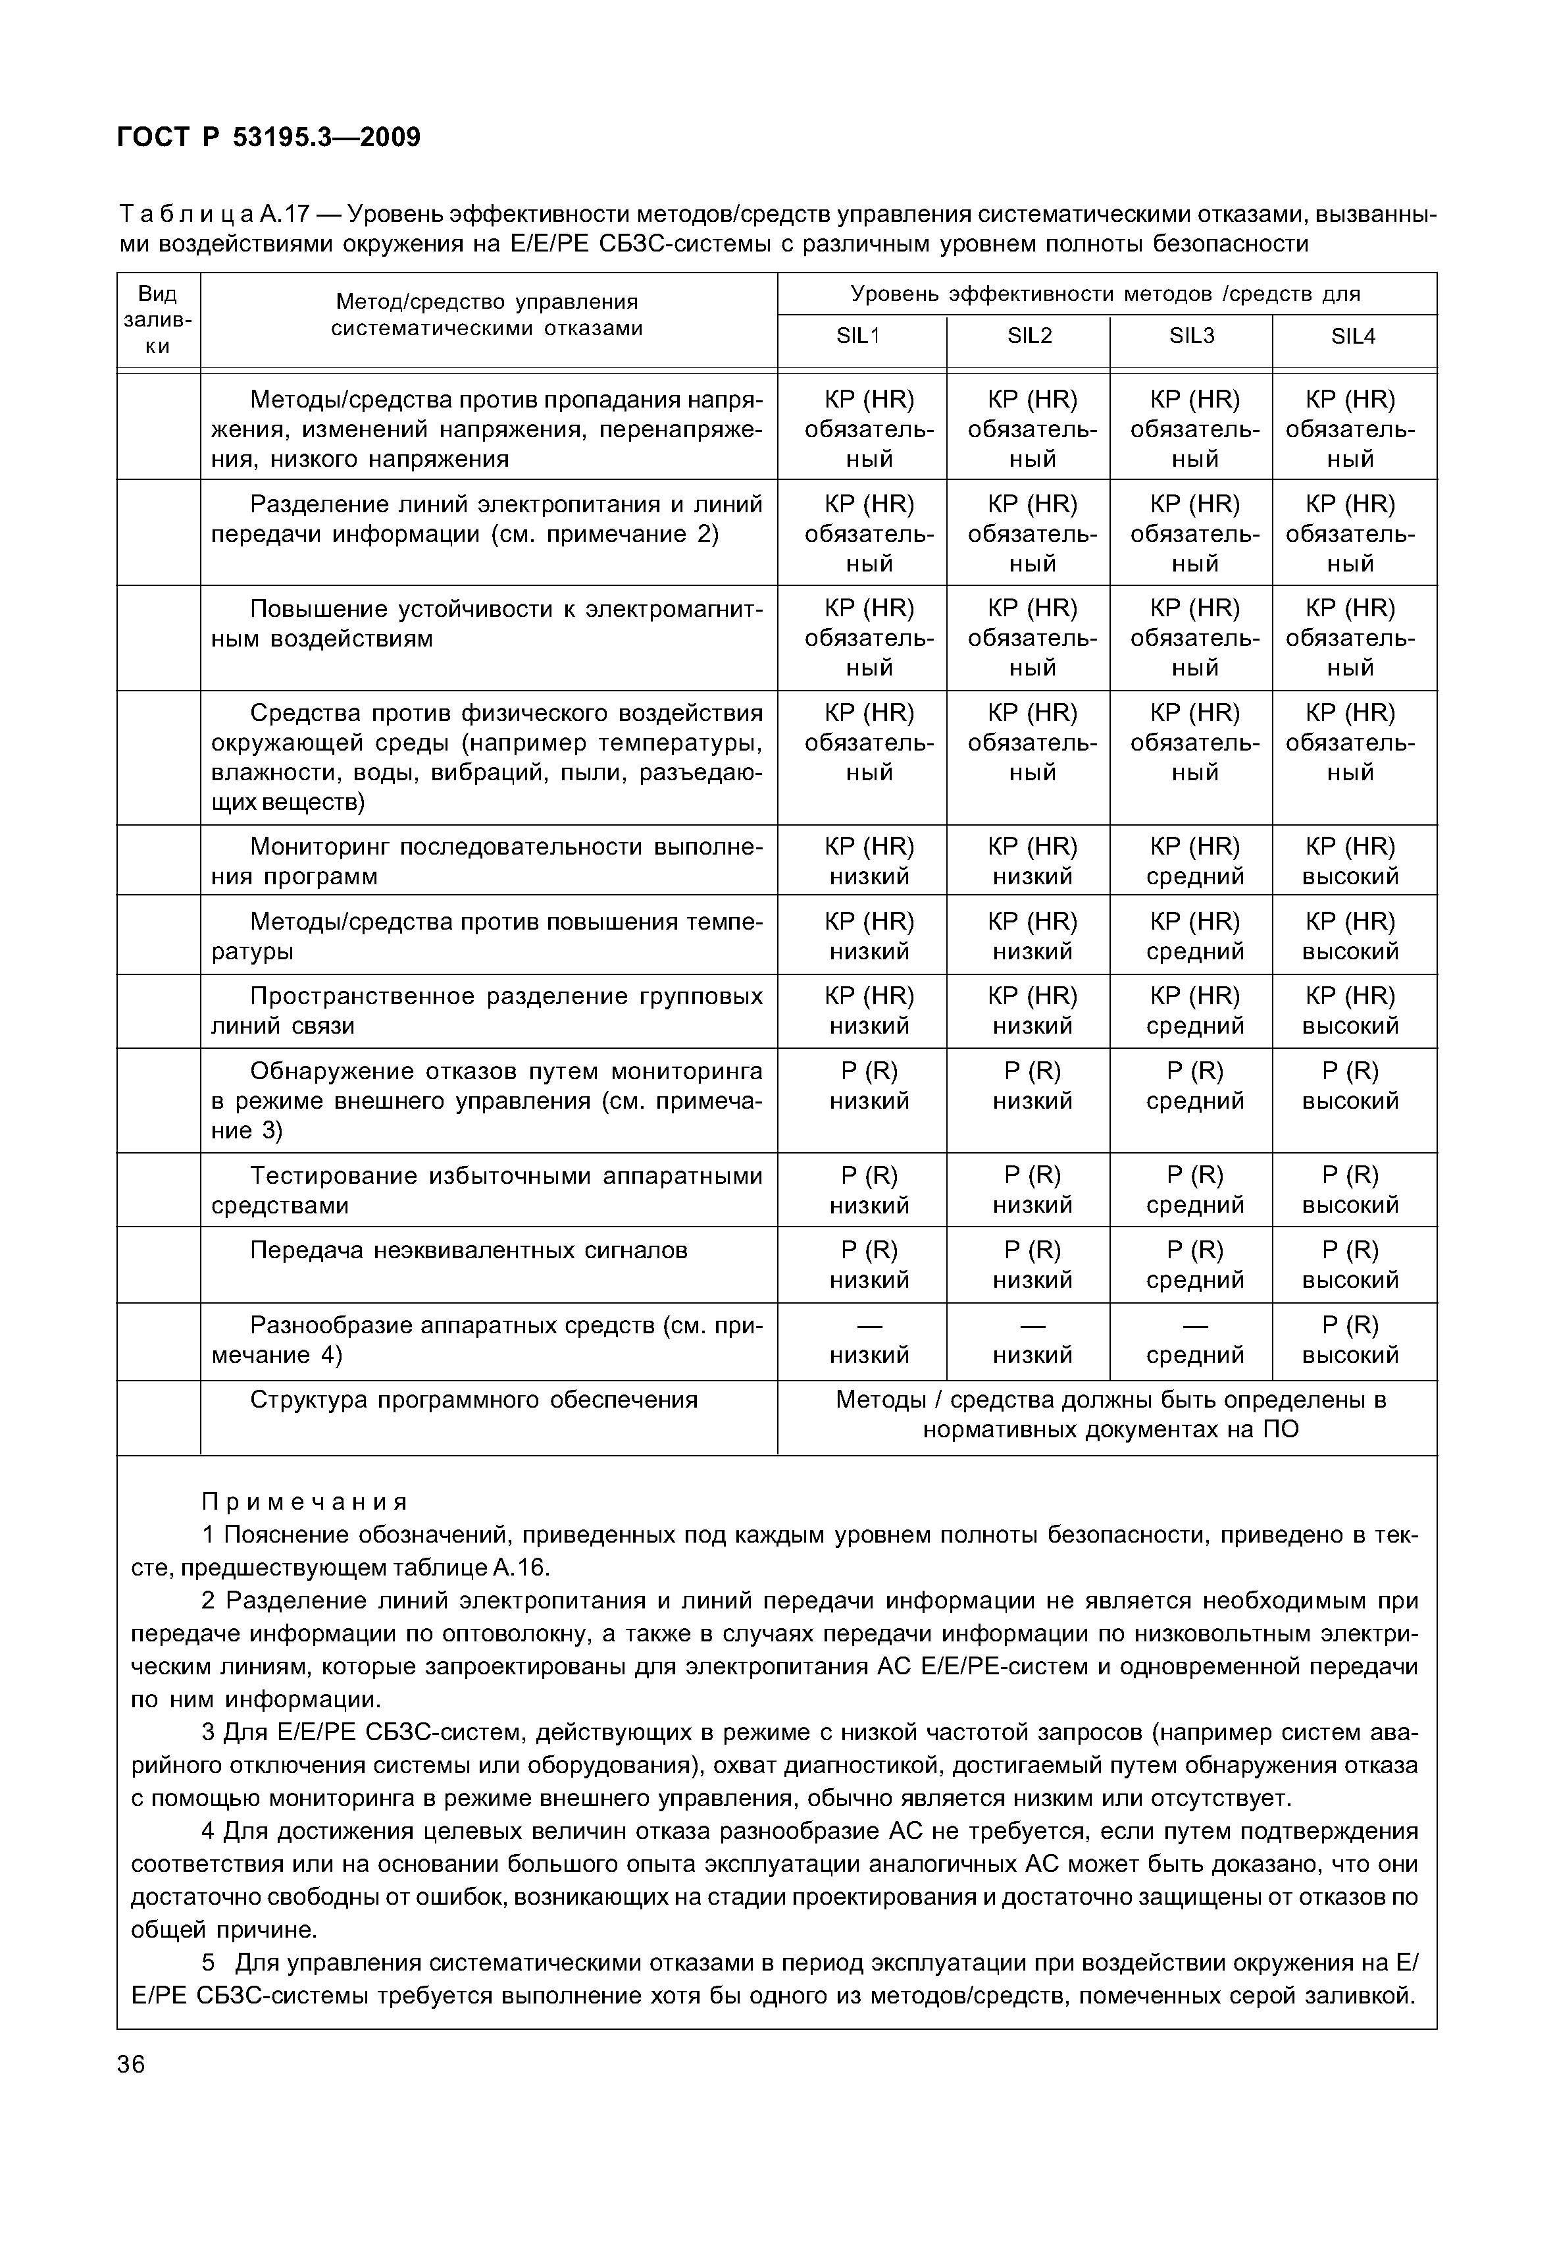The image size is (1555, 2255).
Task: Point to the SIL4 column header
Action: coord(1354,336)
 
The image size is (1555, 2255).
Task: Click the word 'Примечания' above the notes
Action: coord(304,1500)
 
